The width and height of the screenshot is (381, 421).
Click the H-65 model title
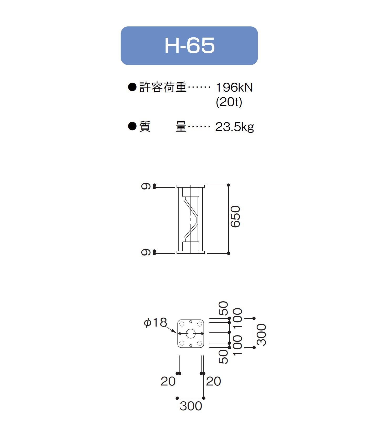(x=189, y=46)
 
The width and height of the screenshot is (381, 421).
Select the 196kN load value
(x=234, y=88)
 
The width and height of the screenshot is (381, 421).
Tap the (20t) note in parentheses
(x=229, y=102)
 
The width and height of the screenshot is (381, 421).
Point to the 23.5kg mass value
(x=234, y=127)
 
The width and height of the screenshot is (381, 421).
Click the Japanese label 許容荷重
(x=163, y=87)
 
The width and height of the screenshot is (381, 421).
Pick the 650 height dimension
(x=235, y=217)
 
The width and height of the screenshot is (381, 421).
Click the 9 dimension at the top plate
(x=146, y=186)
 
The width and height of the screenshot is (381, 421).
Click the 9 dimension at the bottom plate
(x=146, y=252)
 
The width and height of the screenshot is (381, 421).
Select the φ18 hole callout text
(x=155, y=322)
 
